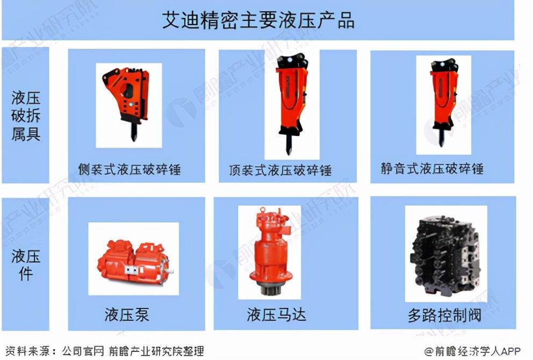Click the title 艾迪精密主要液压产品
(x=258, y=20)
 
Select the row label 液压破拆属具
(x=26, y=116)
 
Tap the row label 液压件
(x=26, y=264)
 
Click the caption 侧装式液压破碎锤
(x=129, y=169)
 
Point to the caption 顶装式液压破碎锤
(x=280, y=170)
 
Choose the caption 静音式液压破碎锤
(x=432, y=168)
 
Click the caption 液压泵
(x=127, y=314)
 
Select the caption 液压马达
(x=276, y=314)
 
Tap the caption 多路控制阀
(x=445, y=315)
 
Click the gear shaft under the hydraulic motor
(x=270, y=290)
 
